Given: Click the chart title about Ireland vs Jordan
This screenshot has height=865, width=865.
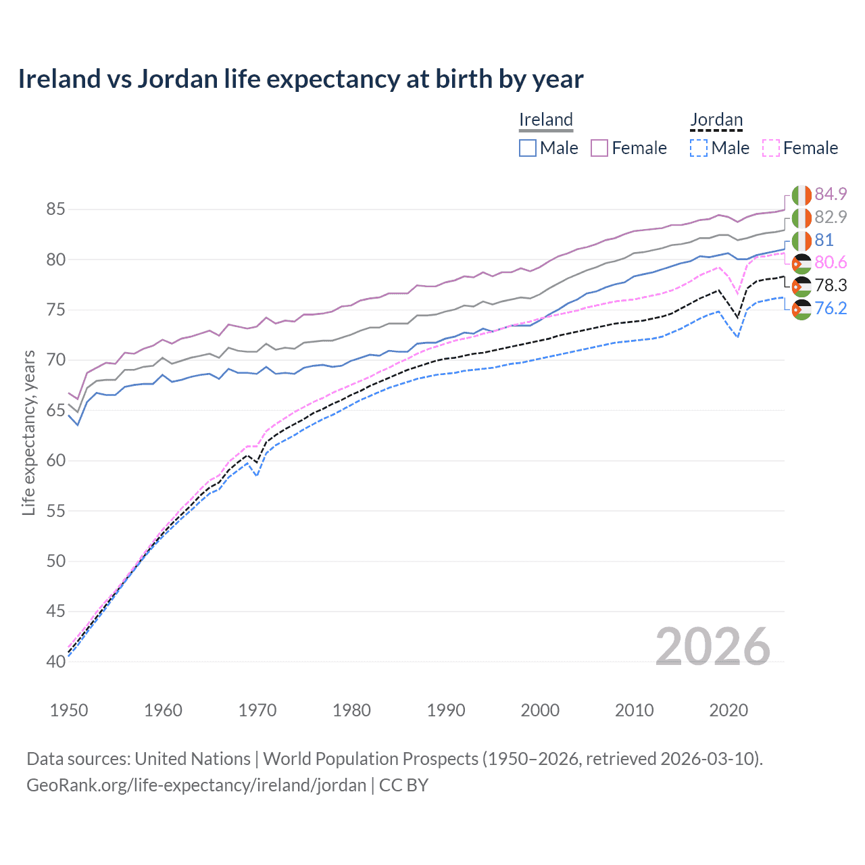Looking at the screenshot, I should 301,79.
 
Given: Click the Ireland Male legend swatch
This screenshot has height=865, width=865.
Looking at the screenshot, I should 528,148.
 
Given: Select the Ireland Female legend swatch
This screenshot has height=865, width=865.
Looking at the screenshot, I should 599,148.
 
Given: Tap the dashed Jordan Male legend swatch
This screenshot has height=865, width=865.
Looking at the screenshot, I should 699,148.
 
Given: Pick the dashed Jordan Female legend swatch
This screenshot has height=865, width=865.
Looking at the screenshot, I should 771,148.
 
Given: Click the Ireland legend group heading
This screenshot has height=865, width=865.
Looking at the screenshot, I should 546,120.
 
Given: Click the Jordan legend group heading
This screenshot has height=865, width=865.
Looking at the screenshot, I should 716,120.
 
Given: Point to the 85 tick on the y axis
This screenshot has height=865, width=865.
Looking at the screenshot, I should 55,209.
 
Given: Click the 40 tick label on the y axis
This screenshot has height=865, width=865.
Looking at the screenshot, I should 55,662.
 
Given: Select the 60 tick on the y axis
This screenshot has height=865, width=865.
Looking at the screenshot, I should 55,461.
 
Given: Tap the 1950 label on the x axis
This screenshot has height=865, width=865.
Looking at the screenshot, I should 69,710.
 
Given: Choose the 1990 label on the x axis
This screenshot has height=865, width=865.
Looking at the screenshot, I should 446,710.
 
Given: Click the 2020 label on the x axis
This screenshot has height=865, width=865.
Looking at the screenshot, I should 728,710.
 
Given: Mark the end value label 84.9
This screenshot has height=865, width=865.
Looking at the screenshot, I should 831,195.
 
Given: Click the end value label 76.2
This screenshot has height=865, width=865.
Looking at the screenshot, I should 831,309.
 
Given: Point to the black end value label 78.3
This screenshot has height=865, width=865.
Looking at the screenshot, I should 831,286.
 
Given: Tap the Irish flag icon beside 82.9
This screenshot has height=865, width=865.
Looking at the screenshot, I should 801,218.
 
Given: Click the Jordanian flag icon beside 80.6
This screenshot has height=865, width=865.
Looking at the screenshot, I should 801,264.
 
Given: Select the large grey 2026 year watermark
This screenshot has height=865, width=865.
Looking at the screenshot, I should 713,647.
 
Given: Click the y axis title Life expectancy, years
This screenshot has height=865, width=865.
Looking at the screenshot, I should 29,432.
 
